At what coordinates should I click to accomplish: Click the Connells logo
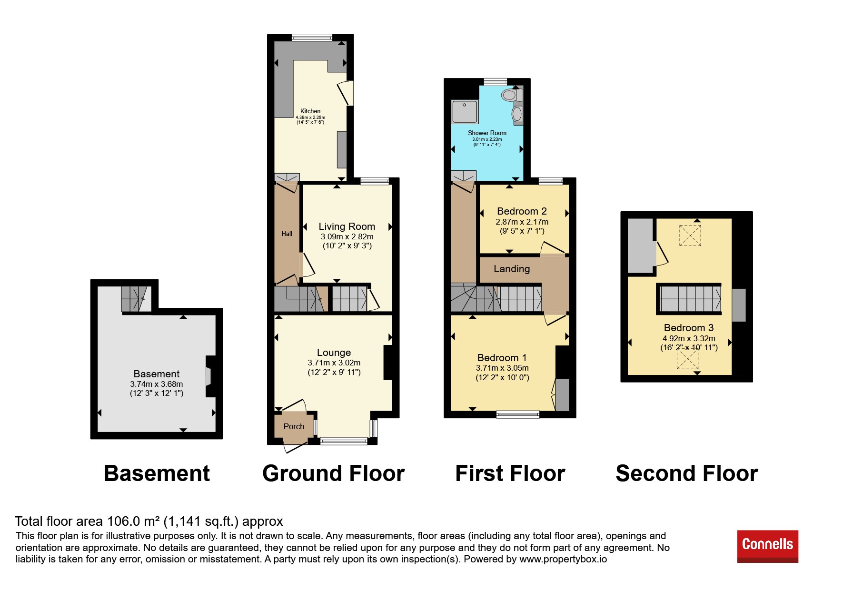[x=767, y=546]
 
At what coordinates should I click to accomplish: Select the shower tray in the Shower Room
[x=465, y=112]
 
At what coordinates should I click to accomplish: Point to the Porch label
[x=294, y=426]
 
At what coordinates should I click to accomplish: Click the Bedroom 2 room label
[x=522, y=211]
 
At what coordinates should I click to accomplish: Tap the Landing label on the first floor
[x=512, y=269]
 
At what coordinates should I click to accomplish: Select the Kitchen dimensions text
[x=310, y=120]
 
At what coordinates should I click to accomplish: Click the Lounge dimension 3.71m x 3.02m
[x=334, y=363]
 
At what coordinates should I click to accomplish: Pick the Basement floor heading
[x=157, y=473]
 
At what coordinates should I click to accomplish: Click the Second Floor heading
[x=687, y=473]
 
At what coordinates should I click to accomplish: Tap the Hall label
[x=287, y=234]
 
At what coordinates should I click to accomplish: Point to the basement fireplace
[x=209, y=376]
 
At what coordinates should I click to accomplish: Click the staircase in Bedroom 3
[x=689, y=299]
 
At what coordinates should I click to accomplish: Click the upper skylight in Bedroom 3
[x=690, y=235]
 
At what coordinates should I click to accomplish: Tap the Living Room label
[x=347, y=226]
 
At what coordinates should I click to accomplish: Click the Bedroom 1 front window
[x=518, y=414]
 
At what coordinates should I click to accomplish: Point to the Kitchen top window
[x=312, y=38]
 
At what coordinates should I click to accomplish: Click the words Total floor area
[x=59, y=521]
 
